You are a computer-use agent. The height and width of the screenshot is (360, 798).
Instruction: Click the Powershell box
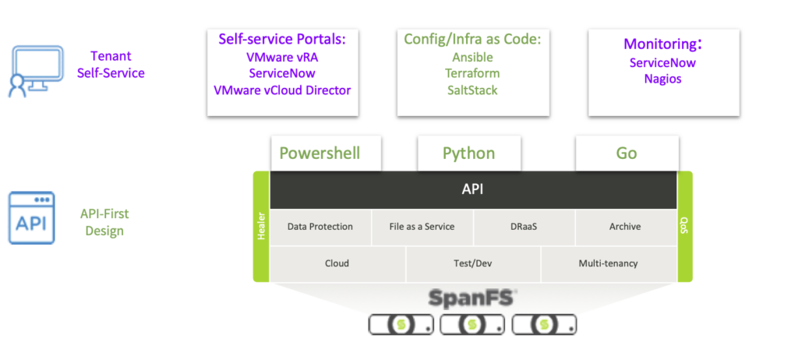pos(326,154)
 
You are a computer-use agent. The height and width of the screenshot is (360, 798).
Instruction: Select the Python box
pos(468,154)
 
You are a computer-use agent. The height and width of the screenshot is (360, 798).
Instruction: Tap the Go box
pos(627,154)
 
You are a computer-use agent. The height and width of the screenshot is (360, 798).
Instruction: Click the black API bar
pos(473,190)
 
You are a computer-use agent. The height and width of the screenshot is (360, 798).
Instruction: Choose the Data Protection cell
pos(320,227)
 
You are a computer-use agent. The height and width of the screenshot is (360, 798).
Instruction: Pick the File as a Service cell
pos(422,227)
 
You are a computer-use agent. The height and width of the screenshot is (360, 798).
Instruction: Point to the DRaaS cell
pos(524,227)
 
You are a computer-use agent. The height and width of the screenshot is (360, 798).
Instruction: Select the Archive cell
pos(625,227)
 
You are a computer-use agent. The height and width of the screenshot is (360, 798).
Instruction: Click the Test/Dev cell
pos(473,263)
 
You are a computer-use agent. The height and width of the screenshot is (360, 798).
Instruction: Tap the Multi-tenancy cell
pos(608,263)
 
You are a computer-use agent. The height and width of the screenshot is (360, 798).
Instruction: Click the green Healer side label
pos(261,227)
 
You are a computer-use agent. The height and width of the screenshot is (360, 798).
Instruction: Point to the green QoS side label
pos(684,227)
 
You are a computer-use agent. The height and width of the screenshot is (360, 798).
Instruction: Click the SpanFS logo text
pos(472,298)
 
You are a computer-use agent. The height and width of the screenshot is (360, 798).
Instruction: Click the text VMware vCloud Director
pos(282,90)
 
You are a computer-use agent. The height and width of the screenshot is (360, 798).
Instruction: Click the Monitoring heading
pos(663,44)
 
